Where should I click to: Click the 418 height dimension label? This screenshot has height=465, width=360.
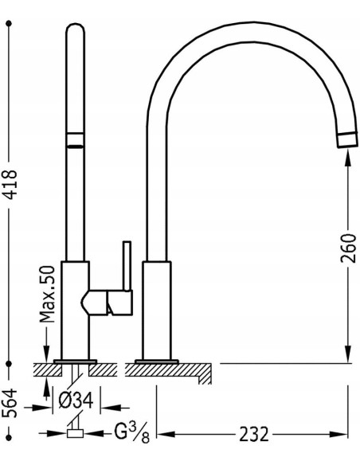[12, 184]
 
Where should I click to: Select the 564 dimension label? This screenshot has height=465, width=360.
[12, 404]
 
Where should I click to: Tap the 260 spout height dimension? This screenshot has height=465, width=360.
[348, 248]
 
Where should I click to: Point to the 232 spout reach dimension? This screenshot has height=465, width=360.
[253, 435]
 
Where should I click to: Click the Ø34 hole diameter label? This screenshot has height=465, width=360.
[76, 400]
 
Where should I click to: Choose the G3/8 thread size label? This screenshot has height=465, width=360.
[132, 434]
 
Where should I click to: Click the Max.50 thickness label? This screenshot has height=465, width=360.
[48, 294]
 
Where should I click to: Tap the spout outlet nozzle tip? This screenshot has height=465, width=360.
[346, 139]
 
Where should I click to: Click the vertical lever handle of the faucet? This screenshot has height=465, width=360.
[127, 266]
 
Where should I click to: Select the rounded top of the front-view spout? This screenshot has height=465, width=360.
[75, 29]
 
